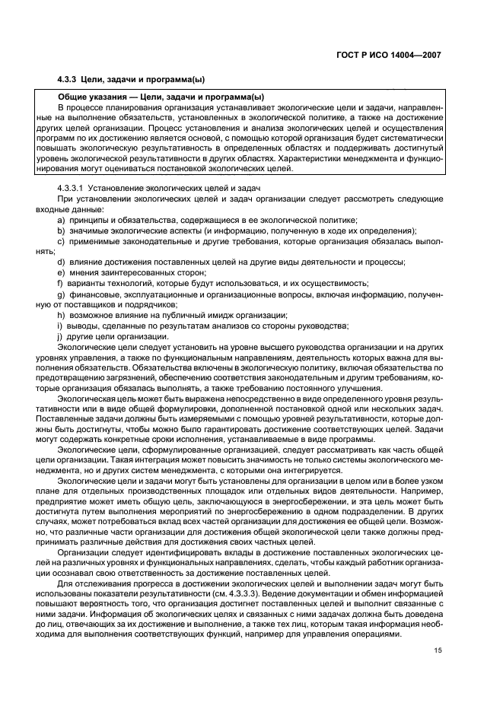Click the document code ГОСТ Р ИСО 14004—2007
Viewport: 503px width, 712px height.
(388, 55)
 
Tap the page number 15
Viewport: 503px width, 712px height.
(438, 649)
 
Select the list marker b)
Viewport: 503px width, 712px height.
(60, 230)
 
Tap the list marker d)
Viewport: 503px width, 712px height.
(60, 261)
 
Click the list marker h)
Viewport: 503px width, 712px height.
(60, 314)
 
